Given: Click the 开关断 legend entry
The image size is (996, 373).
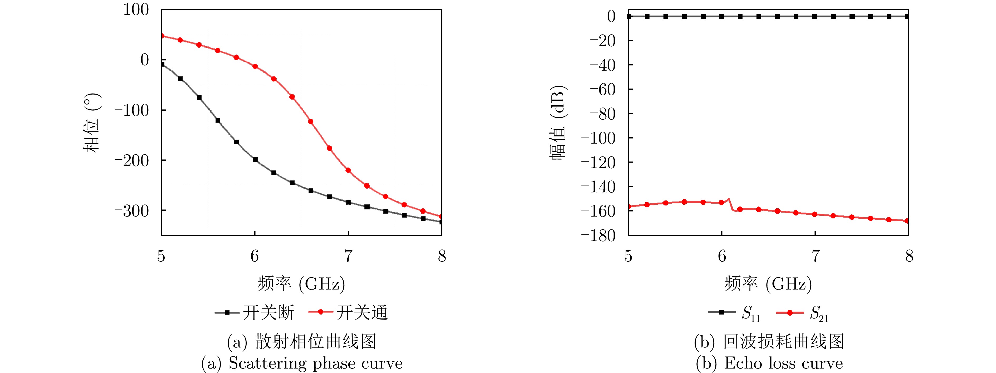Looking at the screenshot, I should click(x=255, y=312).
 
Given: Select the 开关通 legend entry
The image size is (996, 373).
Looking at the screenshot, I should click(x=348, y=312).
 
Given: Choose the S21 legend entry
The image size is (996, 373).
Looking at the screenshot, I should click(x=802, y=313).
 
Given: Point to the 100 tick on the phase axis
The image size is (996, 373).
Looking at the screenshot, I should click(x=136, y=10).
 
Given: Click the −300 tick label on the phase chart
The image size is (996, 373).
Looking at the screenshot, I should click(x=131, y=211).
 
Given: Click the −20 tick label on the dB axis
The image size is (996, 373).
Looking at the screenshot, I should click(x=602, y=41).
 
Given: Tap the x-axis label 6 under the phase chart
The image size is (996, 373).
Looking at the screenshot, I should click(x=255, y=256).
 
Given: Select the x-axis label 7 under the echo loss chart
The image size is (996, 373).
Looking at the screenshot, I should click(x=815, y=256).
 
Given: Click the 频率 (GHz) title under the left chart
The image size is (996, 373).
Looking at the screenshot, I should click(x=301, y=284).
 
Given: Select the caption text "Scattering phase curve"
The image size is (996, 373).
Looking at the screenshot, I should click(x=315, y=363).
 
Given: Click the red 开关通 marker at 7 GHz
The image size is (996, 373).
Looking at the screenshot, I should click(x=348, y=170).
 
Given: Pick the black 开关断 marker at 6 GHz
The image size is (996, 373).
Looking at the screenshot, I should click(x=255, y=160).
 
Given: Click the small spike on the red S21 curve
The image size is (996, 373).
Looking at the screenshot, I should click(x=729, y=199).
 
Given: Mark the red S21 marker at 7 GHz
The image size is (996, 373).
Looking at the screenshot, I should click(x=815, y=214).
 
